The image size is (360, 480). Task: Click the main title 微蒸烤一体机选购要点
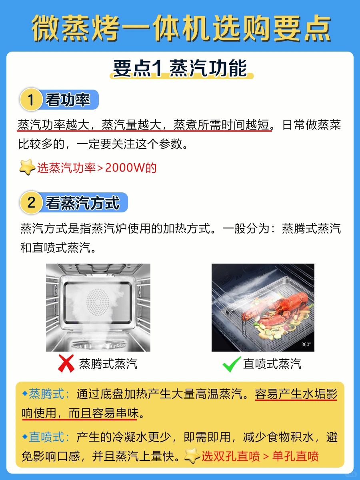(x=181, y=28)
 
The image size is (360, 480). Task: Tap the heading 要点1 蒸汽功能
(x=180, y=68)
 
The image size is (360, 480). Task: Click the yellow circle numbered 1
(x=31, y=100)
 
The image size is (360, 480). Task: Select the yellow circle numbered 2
(x=31, y=202)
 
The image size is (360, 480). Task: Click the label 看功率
(x=68, y=100)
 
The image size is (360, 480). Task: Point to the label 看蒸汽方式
(x=82, y=203)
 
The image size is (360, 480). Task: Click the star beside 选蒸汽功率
(x=27, y=167)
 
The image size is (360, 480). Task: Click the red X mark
(x=66, y=364)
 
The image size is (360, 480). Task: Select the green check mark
(x=232, y=364)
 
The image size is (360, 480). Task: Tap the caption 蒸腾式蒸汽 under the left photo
(x=108, y=364)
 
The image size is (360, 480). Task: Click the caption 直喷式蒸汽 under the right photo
(x=272, y=364)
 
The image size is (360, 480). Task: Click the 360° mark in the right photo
(x=306, y=344)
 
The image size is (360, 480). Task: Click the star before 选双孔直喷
(x=192, y=455)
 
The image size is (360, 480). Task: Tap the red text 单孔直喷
(x=296, y=456)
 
